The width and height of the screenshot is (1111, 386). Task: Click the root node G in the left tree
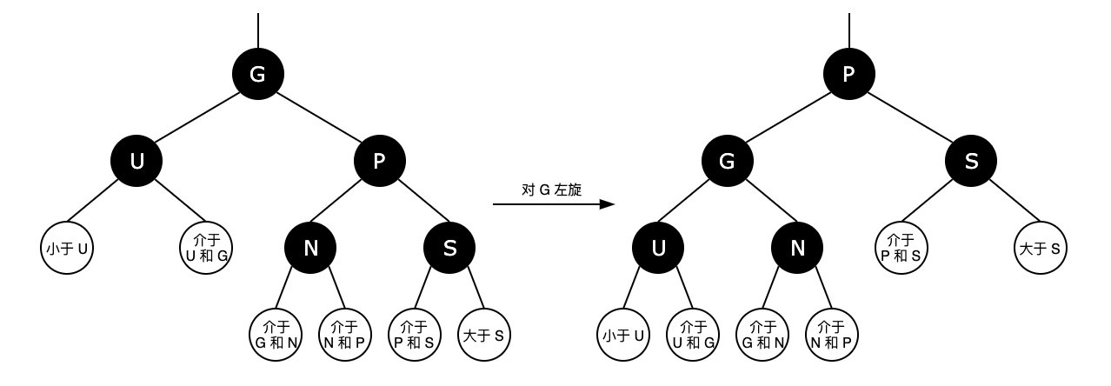258,74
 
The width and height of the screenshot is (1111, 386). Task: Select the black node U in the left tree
136,161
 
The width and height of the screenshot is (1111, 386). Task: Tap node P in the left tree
380,161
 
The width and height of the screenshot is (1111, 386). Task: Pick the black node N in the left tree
310,248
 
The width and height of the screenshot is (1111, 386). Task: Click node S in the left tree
449,248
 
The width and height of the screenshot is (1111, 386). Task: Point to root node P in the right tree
849,74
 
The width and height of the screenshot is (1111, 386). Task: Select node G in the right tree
728,161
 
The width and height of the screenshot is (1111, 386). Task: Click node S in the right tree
971,161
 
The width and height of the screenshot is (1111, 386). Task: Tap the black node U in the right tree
658,248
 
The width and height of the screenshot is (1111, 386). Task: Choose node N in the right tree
797,248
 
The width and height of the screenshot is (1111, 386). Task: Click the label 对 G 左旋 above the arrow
552,190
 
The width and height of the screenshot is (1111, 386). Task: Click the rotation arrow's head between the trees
608,204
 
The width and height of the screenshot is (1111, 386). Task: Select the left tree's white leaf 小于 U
67,248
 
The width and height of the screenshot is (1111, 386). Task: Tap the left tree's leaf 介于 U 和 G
206,248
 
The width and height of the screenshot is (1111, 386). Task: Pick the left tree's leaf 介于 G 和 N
276,335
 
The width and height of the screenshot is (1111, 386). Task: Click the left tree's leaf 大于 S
484,335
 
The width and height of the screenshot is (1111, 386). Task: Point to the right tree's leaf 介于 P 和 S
901,248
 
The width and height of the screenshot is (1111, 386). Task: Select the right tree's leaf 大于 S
1041,248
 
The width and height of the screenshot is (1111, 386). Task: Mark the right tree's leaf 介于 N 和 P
832,335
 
